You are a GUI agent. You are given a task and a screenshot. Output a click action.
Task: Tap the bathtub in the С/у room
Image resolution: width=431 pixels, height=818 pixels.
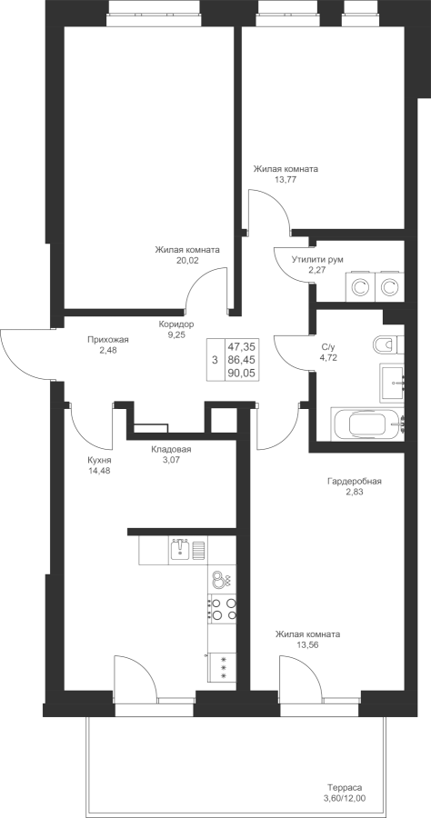pyautogui.click(x=368, y=424)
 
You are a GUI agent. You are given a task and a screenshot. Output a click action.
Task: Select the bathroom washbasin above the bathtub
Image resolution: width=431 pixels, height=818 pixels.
pyautogui.click(x=392, y=382)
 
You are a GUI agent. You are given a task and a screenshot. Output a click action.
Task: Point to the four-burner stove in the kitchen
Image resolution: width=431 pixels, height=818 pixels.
pyautogui.click(x=222, y=609)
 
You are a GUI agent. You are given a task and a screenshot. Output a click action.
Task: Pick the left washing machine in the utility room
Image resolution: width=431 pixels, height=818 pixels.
pyautogui.click(x=358, y=286)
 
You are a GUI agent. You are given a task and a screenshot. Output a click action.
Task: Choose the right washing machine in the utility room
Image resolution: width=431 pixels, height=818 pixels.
pyautogui.click(x=389, y=286)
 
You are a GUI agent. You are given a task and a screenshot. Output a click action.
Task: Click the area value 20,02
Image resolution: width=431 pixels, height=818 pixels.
pyautogui.click(x=187, y=259)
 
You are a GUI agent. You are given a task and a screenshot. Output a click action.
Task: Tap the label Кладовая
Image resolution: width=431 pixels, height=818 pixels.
pyautogui.click(x=172, y=450)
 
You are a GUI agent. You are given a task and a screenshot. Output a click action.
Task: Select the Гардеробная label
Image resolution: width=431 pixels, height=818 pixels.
pyautogui.click(x=355, y=482)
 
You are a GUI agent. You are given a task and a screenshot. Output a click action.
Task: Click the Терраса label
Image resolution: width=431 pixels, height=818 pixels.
pyautogui.click(x=345, y=788)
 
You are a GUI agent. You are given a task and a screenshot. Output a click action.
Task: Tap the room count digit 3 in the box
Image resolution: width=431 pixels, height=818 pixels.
pyautogui.click(x=215, y=360)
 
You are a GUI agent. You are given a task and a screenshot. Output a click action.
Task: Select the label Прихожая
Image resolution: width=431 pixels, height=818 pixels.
pyautogui.click(x=108, y=340)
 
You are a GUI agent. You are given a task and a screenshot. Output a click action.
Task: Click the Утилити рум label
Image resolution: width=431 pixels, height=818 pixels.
pyautogui.click(x=317, y=259)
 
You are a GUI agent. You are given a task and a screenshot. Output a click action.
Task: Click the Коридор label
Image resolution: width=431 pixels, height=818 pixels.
pyautogui.click(x=176, y=324)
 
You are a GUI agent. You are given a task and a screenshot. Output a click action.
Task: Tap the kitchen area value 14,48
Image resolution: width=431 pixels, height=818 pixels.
pyautogui.click(x=100, y=471)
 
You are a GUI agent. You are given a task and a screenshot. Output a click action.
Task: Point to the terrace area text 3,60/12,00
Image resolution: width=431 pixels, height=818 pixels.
pyautogui.click(x=345, y=798)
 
